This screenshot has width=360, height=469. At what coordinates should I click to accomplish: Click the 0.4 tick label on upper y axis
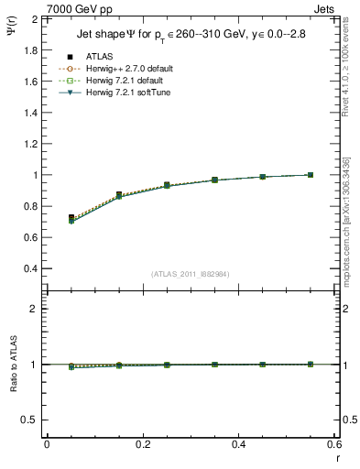point(30,268)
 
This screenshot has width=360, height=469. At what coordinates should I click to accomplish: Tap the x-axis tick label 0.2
point(143,444)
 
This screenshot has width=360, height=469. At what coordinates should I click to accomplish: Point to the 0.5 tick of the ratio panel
point(30,420)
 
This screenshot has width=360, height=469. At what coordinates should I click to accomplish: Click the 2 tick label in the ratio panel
point(35,309)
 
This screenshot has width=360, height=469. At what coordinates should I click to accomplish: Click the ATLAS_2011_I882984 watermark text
point(191,274)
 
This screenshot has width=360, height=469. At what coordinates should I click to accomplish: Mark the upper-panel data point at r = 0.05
point(71,218)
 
